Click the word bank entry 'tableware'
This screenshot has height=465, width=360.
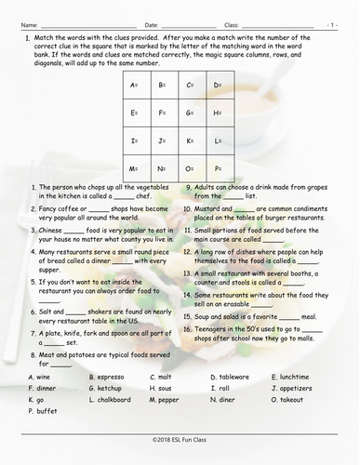(x=230, y=376)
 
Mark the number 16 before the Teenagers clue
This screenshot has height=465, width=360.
(x=188, y=333)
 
